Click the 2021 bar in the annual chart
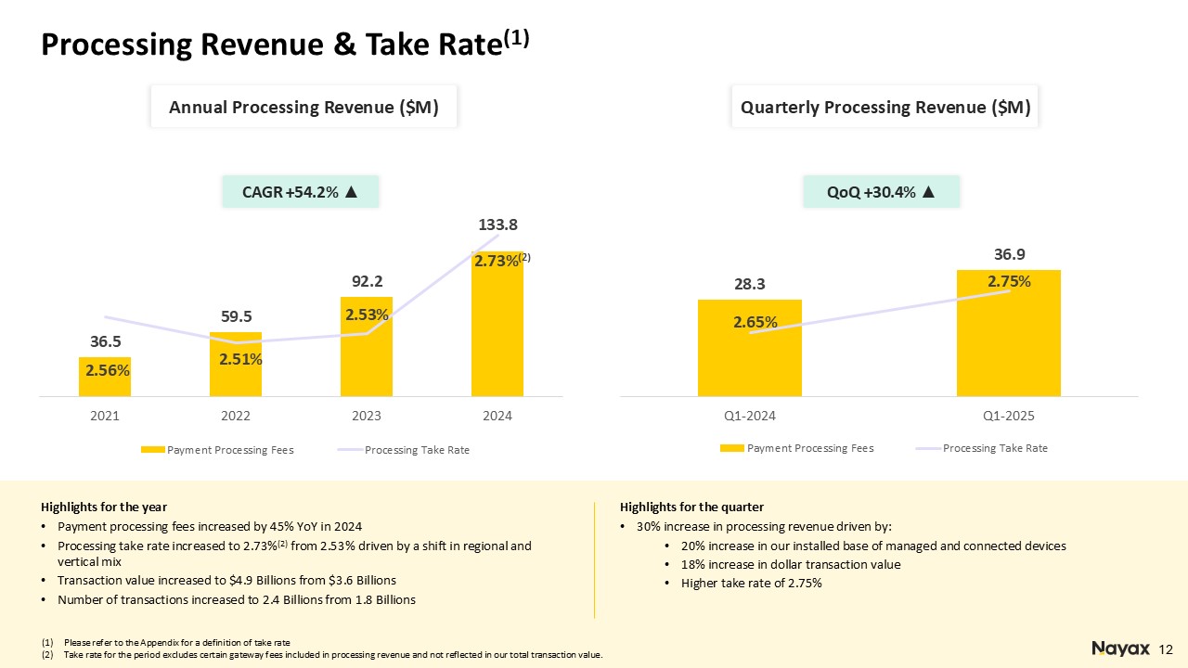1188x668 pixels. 105,377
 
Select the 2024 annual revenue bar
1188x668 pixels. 497,324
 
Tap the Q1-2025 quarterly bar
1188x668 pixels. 1009,333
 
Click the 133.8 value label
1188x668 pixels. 498,225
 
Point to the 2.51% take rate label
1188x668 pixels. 240,359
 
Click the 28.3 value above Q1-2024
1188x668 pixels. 749,284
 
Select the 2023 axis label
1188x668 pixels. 367,416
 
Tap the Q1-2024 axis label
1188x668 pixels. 750,416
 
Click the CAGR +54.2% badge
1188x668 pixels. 300,191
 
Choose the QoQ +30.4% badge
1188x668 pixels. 881,191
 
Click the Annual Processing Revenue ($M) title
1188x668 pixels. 303,107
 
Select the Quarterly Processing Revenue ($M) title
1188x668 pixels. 885,107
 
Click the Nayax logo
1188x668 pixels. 1120,649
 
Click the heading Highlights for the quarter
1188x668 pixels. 691,507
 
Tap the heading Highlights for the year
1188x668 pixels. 104,507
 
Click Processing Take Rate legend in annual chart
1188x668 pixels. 404,450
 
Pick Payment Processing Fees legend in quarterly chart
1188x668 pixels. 796,448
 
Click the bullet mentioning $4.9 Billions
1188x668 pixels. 226,581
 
